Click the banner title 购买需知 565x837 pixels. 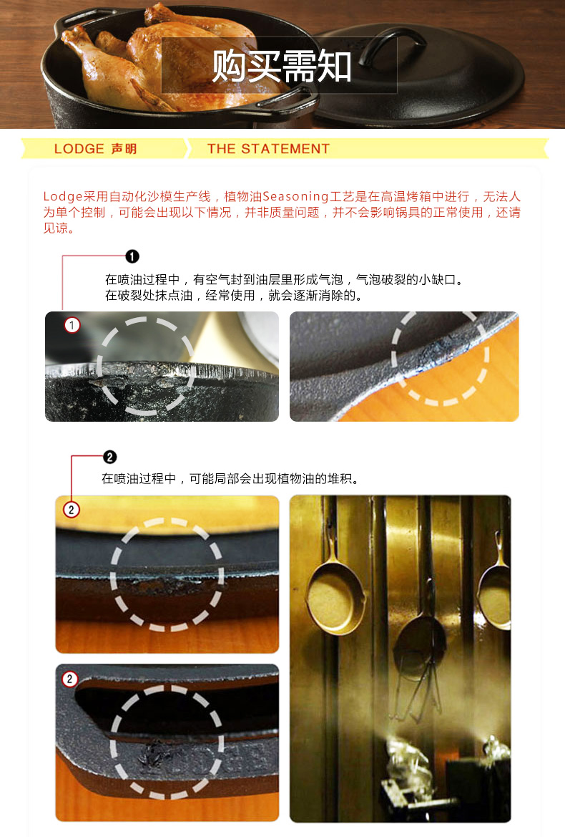pos(282,67)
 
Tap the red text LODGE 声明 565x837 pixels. pos(95,149)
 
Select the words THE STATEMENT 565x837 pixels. pos(268,149)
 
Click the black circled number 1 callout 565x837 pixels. pos(132,256)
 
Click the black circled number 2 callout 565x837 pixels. pos(109,457)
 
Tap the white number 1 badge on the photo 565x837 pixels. pos(72,326)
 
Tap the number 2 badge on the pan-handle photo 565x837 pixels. pos(69,679)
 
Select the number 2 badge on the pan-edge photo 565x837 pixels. pos(72,510)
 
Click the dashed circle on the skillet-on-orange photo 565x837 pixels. pos(441,358)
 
